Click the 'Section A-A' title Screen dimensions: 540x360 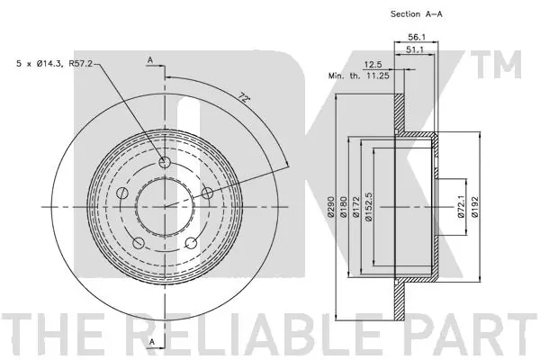(416, 14)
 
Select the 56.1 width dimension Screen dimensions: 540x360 (416, 37)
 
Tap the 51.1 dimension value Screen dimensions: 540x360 (414, 49)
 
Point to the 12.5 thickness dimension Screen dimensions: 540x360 (373, 65)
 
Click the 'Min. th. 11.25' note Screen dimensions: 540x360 (358, 76)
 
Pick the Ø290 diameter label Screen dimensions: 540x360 (331, 207)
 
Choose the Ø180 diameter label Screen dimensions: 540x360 (344, 207)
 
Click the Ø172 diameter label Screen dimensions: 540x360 (356, 207)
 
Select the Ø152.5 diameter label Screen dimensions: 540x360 (369, 207)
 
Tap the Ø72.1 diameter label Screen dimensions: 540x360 (462, 207)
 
